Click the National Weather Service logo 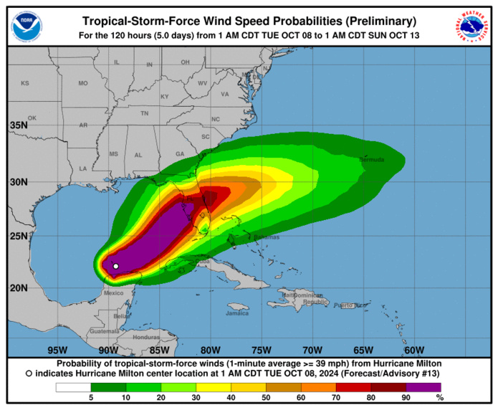(471, 27)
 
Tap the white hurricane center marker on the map (116, 267)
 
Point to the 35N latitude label (19, 126)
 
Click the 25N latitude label (19, 236)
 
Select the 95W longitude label (57, 350)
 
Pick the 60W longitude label (413, 350)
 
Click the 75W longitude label (261, 350)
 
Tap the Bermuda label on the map (372, 159)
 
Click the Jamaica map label (236, 313)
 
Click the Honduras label (145, 337)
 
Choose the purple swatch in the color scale (427, 388)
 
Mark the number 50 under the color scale (267, 397)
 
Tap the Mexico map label (114, 292)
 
